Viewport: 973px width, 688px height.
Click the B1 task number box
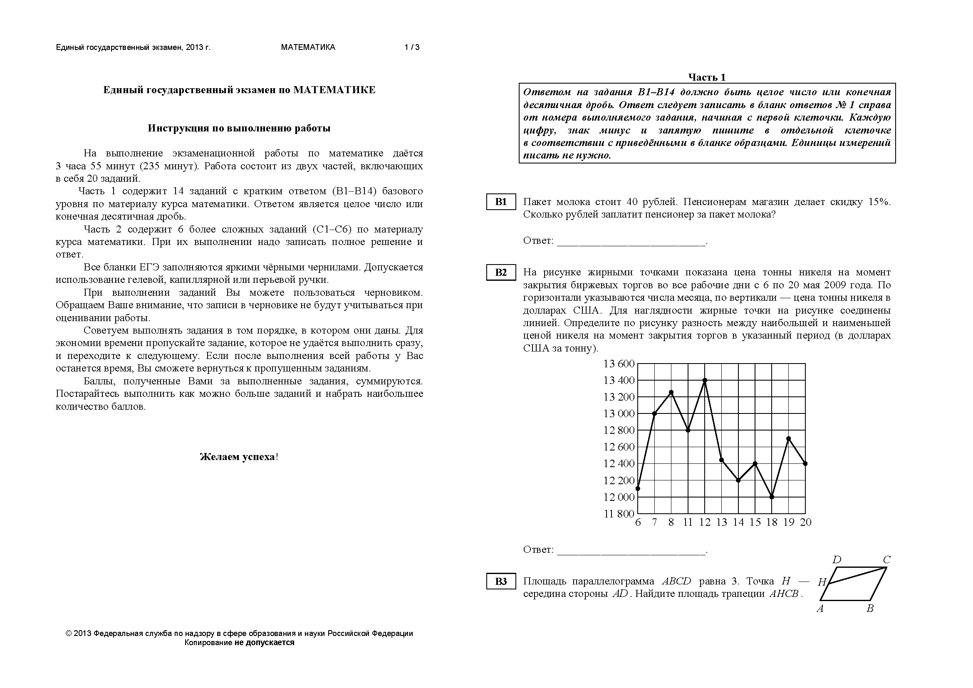pyautogui.click(x=500, y=202)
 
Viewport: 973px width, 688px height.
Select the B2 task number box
pyautogui.click(x=500, y=272)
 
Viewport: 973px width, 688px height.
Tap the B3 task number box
pyautogui.click(x=500, y=581)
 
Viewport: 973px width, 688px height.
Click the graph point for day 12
pyautogui.click(x=705, y=381)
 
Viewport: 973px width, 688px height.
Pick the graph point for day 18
pyautogui.click(x=772, y=497)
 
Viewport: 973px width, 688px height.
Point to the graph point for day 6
pyautogui.click(x=638, y=488)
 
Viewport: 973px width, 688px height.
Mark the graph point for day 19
pyautogui.click(x=788, y=438)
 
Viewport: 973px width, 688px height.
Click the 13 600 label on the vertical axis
pyautogui.click(x=619, y=364)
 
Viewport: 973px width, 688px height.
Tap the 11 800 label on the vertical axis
pyautogui.click(x=619, y=514)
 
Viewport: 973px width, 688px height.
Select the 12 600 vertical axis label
pyautogui.click(x=619, y=447)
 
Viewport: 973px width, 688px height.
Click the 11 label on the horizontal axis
pyautogui.click(x=688, y=522)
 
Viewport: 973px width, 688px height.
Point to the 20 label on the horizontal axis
pyautogui.click(x=805, y=522)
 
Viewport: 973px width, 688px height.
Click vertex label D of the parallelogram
pyautogui.click(x=837, y=559)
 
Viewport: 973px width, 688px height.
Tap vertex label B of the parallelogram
pyautogui.click(x=870, y=609)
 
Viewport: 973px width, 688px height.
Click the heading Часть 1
pyautogui.click(x=707, y=77)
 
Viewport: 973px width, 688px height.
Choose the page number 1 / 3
pyautogui.click(x=412, y=47)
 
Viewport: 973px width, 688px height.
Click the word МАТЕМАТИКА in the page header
pyautogui.click(x=308, y=47)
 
